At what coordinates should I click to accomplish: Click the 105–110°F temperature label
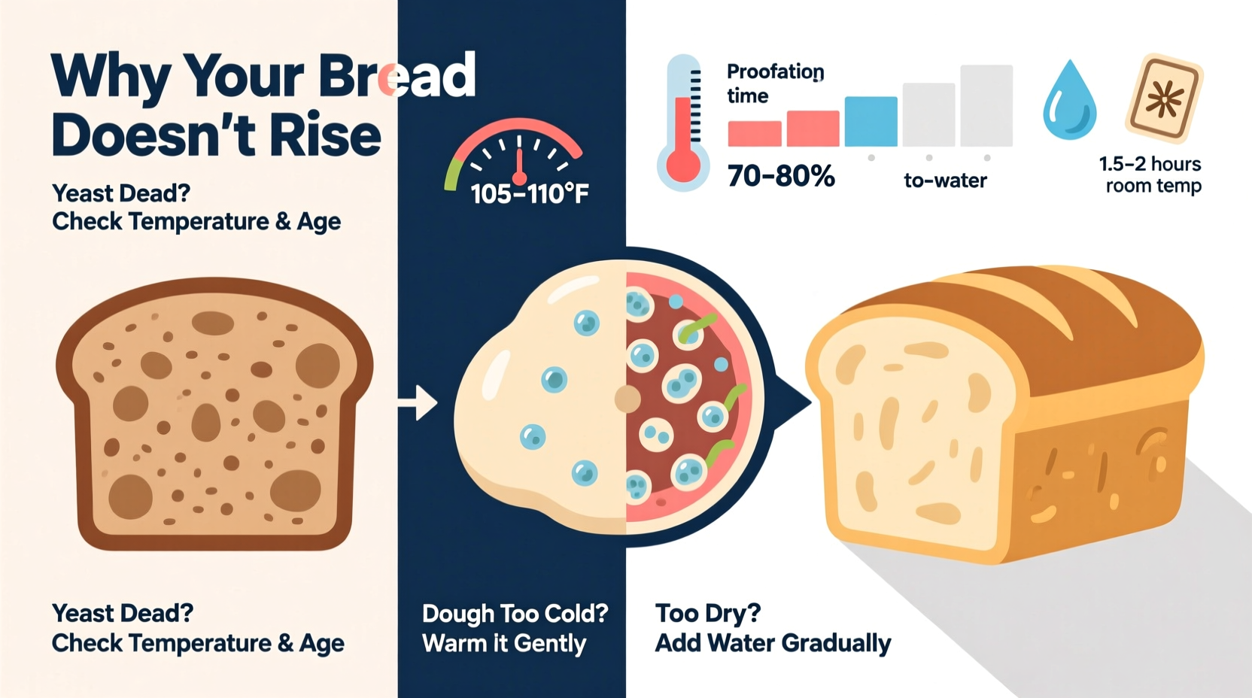point(530,194)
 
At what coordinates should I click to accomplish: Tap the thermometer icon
point(683,124)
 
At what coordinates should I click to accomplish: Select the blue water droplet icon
point(1069,101)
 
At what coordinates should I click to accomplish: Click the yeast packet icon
point(1164,98)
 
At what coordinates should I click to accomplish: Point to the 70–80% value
point(781,177)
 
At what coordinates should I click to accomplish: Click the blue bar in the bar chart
point(871,121)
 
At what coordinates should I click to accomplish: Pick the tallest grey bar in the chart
point(986,105)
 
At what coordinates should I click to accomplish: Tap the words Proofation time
point(775,83)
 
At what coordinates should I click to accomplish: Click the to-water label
point(945,181)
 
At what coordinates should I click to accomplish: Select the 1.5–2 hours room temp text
point(1151,174)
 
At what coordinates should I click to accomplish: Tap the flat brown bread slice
point(214,414)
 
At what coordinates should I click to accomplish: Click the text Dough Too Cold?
point(515,614)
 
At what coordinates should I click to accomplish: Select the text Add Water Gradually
point(773,644)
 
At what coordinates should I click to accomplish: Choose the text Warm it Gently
point(504,644)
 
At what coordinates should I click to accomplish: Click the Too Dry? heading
point(707,614)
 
